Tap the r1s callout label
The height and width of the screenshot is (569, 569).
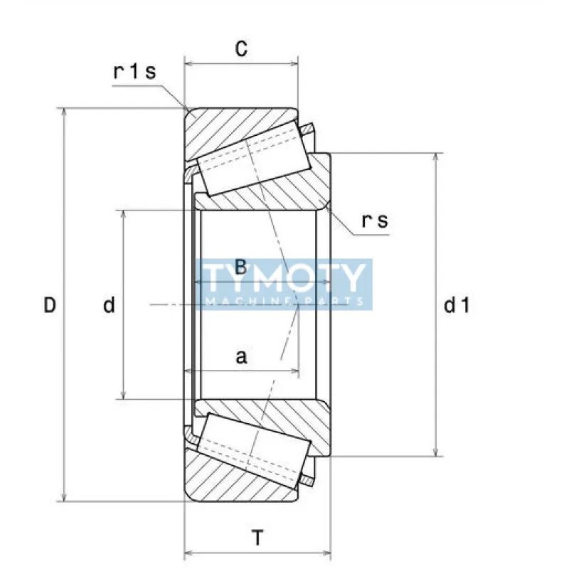coord(134,72)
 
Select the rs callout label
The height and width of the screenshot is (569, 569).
coord(375,221)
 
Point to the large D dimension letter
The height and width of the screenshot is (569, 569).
coord(49,306)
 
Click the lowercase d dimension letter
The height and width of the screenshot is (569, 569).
coord(109,306)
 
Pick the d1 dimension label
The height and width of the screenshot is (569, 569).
coord(457,306)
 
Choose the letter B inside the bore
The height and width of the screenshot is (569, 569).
coord(240,268)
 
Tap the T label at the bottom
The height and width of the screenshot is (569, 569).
coord(257,538)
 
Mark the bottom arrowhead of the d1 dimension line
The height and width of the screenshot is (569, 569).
coord(436,452)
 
